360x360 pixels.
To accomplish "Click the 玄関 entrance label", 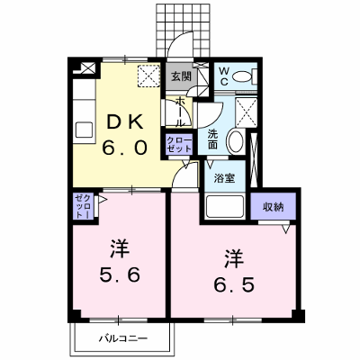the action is [x=181, y=76].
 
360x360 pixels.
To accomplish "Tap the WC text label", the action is [x=224, y=76].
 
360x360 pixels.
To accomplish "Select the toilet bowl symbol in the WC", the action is [x=242, y=76].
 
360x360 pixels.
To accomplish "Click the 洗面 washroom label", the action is [x=212, y=139].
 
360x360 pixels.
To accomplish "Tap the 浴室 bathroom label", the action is [x=224, y=178].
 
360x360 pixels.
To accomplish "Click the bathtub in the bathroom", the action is [x=224, y=207].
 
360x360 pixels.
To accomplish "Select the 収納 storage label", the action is [x=274, y=207].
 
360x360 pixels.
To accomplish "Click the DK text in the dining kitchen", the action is [x=125, y=123].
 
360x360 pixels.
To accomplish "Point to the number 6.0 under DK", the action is [x=125, y=148].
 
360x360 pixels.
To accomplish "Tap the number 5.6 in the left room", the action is [x=120, y=274].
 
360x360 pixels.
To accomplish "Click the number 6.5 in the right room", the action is [x=234, y=284].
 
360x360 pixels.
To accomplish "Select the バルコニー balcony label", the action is [x=123, y=339].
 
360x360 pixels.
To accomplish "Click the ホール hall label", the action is [x=180, y=112].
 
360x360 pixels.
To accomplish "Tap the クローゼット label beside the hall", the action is [x=179, y=144].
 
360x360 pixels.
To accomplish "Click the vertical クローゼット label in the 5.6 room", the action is [x=83, y=206].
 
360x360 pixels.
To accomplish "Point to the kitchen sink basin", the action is [x=85, y=130].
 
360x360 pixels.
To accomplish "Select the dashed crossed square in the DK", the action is [x=148, y=76].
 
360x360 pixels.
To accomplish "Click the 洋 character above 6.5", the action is [x=234, y=259].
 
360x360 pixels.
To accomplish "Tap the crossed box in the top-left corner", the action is [x=88, y=67].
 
